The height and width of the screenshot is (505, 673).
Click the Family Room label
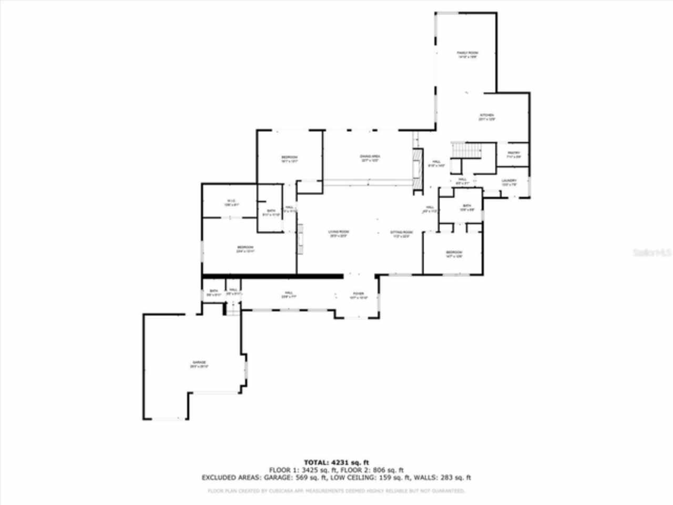tap(467, 53)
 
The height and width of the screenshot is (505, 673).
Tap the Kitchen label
tap(486, 116)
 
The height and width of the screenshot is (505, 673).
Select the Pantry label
tap(513, 154)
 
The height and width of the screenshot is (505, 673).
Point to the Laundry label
tap(509, 181)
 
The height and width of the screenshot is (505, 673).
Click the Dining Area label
tap(370, 157)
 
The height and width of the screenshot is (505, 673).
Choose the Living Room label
tap(339, 232)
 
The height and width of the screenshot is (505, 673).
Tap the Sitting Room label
tap(401, 232)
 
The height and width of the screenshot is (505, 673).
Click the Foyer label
tap(358, 294)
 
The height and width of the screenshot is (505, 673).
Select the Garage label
tap(199, 363)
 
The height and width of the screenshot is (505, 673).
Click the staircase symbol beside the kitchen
tap(466, 149)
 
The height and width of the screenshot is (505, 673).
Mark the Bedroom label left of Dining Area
tap(289, 158)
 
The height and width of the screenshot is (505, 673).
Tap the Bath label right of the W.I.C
tap(271, 211)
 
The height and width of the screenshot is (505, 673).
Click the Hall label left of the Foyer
tap(289, 294)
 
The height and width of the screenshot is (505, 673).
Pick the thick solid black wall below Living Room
tap(273, 275)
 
